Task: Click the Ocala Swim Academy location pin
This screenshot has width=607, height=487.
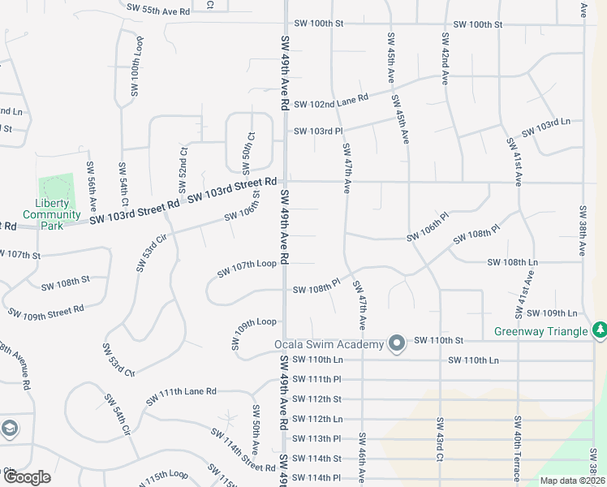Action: coord(397,344)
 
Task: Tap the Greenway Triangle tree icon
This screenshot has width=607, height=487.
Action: coord(600,330)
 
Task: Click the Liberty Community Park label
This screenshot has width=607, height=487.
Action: coord(52,214)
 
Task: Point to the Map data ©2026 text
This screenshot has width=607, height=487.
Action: coord(571,481)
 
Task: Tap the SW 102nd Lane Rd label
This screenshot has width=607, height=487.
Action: coord(331,101)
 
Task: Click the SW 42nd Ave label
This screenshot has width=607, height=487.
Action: coord(446,61)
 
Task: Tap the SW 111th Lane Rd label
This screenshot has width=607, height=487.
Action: coord(181,396)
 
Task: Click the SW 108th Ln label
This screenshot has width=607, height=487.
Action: coord(512,263)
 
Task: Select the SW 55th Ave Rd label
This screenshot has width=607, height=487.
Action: coord(158,8)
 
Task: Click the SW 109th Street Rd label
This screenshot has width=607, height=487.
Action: coord(45,311)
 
